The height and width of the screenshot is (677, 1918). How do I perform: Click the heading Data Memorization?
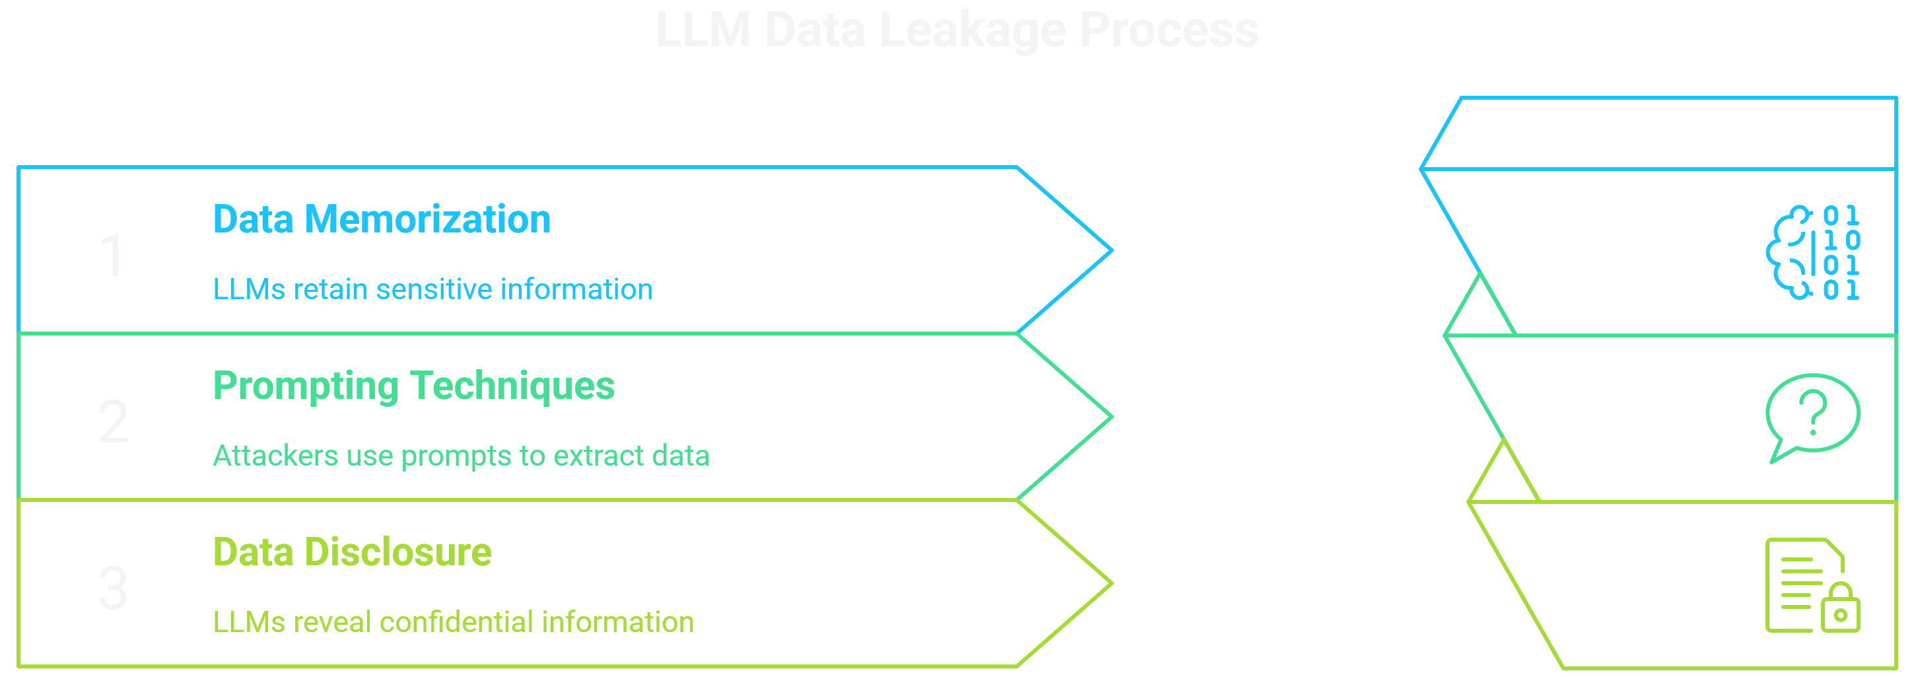coord(381,220)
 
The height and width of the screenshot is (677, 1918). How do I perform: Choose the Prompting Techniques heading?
coord(413,386)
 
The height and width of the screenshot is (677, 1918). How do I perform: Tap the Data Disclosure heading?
coord(351,553)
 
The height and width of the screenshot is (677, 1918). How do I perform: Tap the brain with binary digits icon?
coord(1812,253)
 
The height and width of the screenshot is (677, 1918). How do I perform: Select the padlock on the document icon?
coord(1840,608)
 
